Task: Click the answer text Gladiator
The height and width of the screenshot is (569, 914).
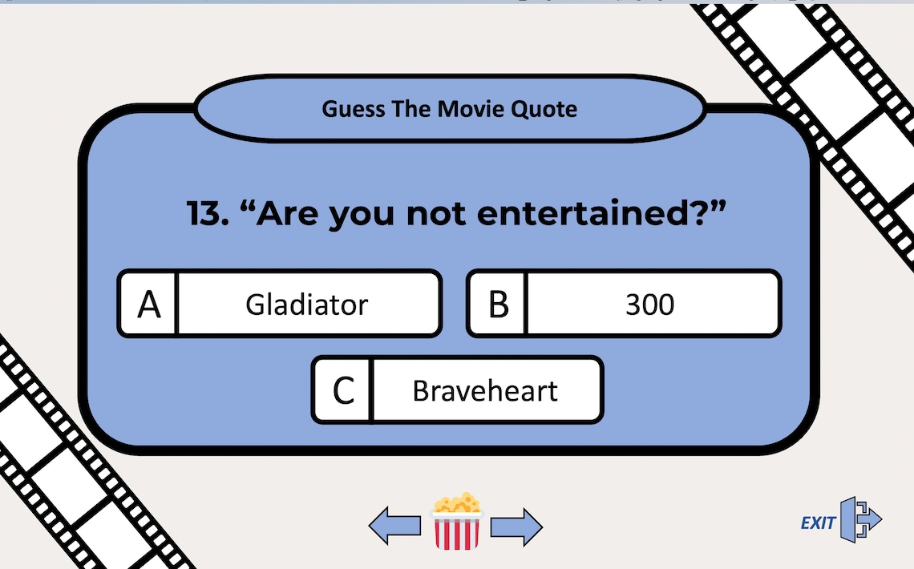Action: tap(306, 305)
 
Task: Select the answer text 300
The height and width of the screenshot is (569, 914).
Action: tap(649, 305)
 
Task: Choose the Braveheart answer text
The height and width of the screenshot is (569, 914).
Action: tap(484, 391)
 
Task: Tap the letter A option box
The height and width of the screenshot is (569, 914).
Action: tap(149, 305)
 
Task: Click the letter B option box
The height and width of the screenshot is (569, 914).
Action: tap(498, 305)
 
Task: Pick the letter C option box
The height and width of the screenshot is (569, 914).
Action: tap(343, 391)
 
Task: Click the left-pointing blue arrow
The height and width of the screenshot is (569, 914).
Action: tap(394, 526)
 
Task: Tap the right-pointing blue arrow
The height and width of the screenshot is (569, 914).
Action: tap(516, 527)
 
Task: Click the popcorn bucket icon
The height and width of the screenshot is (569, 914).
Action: tap(457, 522)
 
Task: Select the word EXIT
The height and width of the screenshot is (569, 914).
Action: tap(817, 523)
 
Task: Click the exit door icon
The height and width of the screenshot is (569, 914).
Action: tap(860, 519)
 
